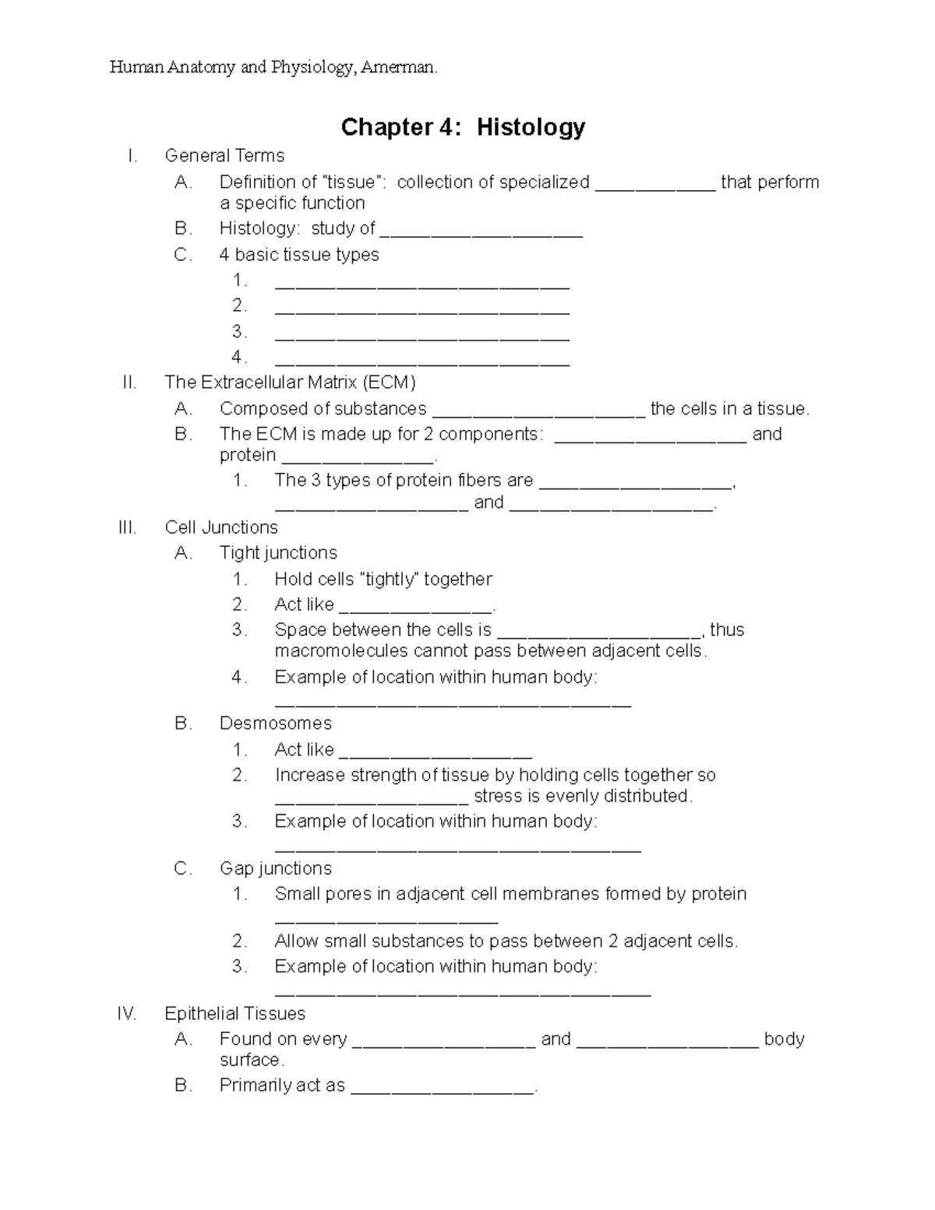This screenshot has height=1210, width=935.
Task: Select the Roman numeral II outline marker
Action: click(x=129, y=383)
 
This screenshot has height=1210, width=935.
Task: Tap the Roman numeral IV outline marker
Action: click(x=126, y=1014)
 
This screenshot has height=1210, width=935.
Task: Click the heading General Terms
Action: click(x=224, y=156)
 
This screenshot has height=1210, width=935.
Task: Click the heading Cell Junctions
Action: click(x=221, y=527)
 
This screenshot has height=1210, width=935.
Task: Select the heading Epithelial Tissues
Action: click(x=235, y=1014)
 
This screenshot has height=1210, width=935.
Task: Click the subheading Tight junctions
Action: click(x=278, y=553)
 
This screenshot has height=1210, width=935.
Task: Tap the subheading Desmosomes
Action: click(x=276, y=724)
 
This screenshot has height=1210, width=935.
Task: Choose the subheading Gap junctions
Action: click(x=276, y=869)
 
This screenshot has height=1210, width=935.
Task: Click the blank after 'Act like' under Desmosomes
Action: click(x=436, y=754)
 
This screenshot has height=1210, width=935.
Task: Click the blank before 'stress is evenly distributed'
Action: click(x=372, y=801)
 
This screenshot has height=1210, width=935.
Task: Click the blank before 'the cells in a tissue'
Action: click(x=538, y=414)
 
